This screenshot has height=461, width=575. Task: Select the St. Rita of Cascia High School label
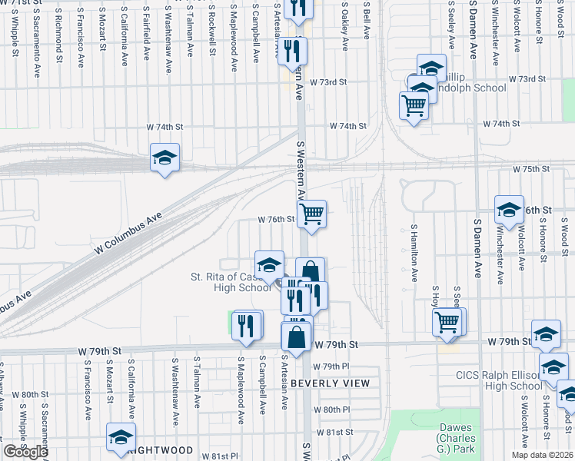point(231,282)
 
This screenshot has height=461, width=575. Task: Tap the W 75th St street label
point(533,168)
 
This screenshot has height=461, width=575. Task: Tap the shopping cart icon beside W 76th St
point(311,213)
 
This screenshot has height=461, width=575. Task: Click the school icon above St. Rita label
point(269,264)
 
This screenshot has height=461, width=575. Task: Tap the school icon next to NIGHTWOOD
point(121,436)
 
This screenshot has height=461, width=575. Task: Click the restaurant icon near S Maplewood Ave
point(246,323)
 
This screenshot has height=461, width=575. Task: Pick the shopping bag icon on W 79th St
point(297,336)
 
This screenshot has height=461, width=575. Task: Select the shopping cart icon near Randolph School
point(414,104)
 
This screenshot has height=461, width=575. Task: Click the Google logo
point(25,452)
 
